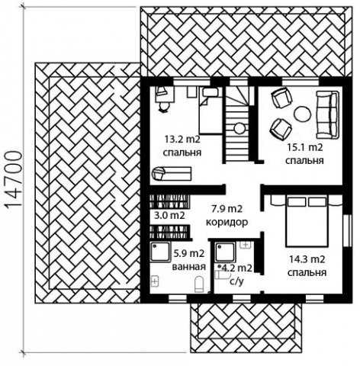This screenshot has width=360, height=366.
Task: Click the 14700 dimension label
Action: pyautogui.click(x=13, y=180)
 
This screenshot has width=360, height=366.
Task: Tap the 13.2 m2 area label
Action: pyautogui.click(x=182, y=140)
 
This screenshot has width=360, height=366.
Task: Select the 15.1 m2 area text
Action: pyautogui.click(x=305, y=147)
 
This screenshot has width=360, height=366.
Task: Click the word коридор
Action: pyautogui.click(x=227, y=223)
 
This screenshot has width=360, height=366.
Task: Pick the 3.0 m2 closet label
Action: pyautogui.click(x=169, y=216)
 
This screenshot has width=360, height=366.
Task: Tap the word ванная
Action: pyautogui.click(x=189, y=267)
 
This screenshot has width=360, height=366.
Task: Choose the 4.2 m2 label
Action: pyautogui.click(x=237, y=268)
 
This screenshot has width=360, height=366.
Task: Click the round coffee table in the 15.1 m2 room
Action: pyautogui.click(x=302, y=114)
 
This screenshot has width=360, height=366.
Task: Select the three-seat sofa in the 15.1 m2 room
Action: pyautogui.click(x=328, y=115)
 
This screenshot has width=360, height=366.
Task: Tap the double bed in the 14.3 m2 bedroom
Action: pyautogui.click(x=307, y=221)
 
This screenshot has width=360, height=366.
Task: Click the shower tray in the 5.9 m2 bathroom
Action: pyautogui.click(x=160, y=252)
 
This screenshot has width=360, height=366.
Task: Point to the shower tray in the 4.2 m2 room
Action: pyautogui.click(x=225, y=252)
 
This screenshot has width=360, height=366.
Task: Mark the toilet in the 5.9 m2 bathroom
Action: pyautogui.click(x=199, y=284)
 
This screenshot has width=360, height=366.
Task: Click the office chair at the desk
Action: pyautogui.click(x=164, y=107)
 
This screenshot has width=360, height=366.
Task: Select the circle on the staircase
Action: pyautogui.click(x=239, y=129)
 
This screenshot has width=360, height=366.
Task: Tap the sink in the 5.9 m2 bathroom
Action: pyautogui.click(x=155, y=281)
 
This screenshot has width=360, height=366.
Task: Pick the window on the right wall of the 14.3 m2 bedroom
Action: pyautogui.click(x=347, y=230)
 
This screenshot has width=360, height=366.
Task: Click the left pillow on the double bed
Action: pyautogui.click(x=297, y=202)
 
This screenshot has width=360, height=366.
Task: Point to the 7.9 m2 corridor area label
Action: pyautogui.click(x=227, y=209)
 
